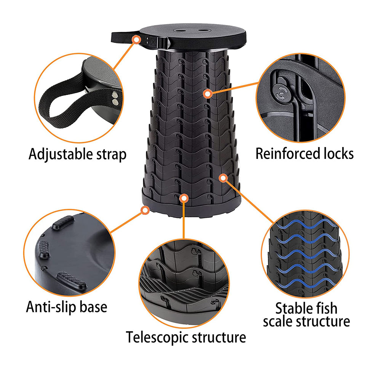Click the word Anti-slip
pos(51,307)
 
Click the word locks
pos(336,154)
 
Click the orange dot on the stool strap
pos(137,39)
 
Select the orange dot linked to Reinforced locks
pos(208,94)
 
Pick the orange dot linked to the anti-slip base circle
pos(145,210)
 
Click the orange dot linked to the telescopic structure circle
pos(184,199)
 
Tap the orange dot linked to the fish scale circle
pos(223,178)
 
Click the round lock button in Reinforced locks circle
pos(282,94)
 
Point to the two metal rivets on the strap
pos(115,98)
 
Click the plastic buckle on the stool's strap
pos(161,43)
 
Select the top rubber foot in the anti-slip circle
pos(63,222)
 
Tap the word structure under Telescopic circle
pos(219,337)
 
